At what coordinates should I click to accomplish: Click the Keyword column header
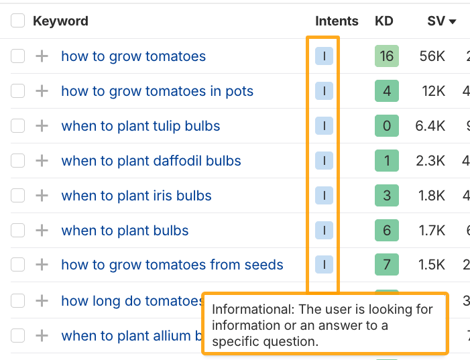pyautogui.click(x=60, y=21)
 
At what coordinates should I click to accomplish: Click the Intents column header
pyautogui.click(x=337, y=21)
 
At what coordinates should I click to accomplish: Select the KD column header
pyautogui.click(x=384, y=21)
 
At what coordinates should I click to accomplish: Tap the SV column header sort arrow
pyautogui.click(x=453, y=21)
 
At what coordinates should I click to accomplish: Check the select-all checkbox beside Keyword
pyautogui.click(x=18, y=21)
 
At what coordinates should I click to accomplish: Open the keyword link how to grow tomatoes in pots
pyautogui.click(x=157, y=91)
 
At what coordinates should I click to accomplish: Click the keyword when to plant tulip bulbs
pyautogui.click(x=140, y=126)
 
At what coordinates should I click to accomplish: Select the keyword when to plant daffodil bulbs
pyautogui.click(x=151, y=161)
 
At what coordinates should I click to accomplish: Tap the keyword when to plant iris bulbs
pyautogui.click(x=136, y=196)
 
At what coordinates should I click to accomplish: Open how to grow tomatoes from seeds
pyautogui.click(x=172, y=265)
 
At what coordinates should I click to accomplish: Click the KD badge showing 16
pyautogui.click(x=387, y=56)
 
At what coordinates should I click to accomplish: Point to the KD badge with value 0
pyautogui.click(x=387, y=126)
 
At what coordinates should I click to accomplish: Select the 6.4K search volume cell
pyautogui.click(x=430, y=126)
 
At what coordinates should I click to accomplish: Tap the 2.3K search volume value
pyautogui.click(x=430, y=161)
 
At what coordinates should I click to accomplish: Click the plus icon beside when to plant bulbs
pyautogui.click(x=42, y=231)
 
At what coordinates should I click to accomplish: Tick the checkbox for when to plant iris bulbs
pyautogui.click(x=18, y=196)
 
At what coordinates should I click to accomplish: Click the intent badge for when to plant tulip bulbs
pyautogui.click(x=324, y=126)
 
